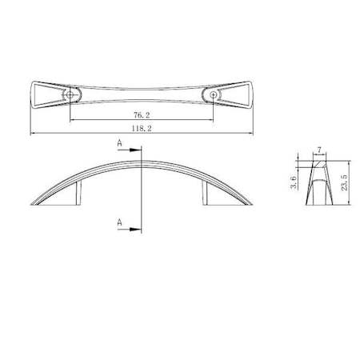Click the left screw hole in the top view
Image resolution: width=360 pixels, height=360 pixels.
[71, 94]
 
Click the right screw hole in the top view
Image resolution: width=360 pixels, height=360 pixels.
[214, 94]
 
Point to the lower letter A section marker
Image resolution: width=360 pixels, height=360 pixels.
[119, 222]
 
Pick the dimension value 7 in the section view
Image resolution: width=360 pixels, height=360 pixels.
[319, 150]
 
